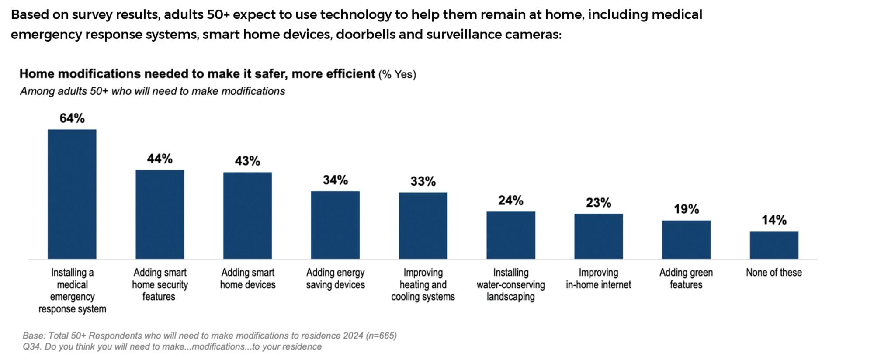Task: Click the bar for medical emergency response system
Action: point(72,194)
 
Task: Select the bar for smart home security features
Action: point(160,215)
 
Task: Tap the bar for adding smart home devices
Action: point(247,215)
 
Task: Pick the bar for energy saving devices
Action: point(335,225)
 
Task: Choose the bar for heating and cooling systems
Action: point(423,226)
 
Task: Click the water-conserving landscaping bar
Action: point(511,235)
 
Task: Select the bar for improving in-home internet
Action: point(599,236)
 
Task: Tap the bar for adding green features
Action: point(686,240)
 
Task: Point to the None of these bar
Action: point(774,245)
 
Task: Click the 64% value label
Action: point(72,118)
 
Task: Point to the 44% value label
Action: point(160,159)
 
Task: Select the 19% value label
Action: point(687,209)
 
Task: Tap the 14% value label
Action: point(774,220)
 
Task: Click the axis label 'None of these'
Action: point(774,273)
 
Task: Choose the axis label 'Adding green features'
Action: point(686,279)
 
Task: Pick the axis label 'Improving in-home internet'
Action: point(599,279)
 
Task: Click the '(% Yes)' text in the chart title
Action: point(397,74)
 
